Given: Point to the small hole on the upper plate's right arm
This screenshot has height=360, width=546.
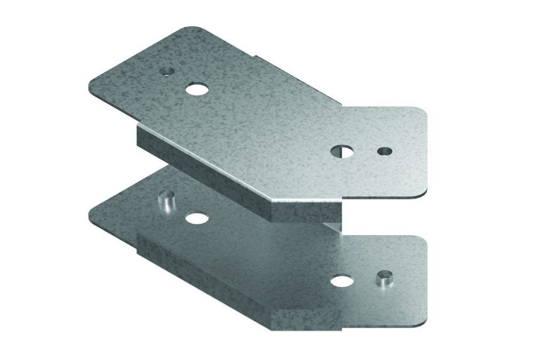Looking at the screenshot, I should click(x=383, y=151).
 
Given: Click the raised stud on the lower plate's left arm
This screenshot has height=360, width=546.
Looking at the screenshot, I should click(x=166, y=202).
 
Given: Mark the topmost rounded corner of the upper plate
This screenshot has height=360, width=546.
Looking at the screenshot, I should click(x=189, y=29).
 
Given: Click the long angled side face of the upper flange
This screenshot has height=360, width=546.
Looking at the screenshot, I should click(x=203, y=165).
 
